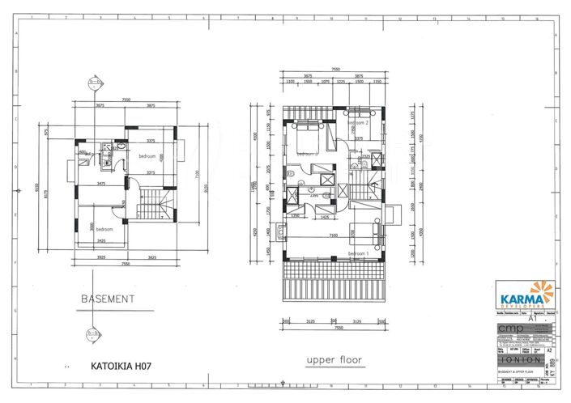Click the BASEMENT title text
pos(108,299)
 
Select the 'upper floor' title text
pos(332,358)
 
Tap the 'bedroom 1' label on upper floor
pos(358,253)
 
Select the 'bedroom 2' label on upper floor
pos(358,123)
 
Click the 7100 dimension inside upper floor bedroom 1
pos(333,235)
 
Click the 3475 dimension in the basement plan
pos(102,184)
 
